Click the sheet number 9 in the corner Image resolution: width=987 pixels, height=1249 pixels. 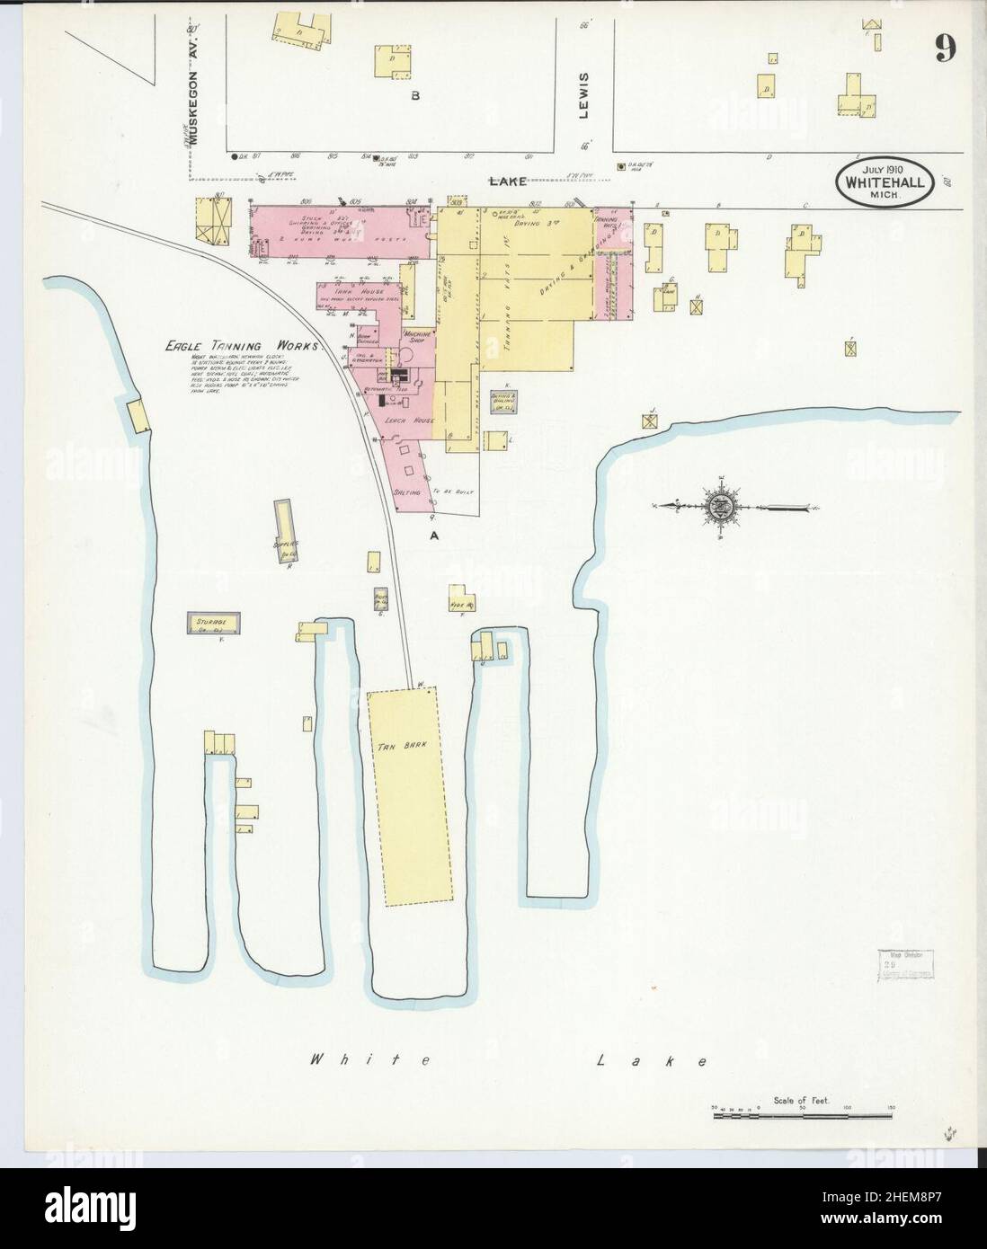(x=943, y=49)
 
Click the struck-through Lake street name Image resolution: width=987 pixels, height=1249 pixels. (x=507, y=182)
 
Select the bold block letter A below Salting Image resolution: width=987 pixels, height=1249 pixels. (x=434, y=535)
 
